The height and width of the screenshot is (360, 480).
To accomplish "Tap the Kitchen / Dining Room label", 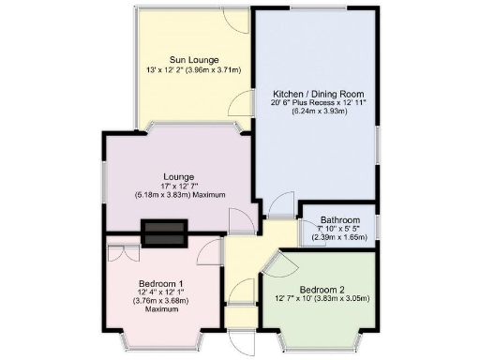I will [319, 95].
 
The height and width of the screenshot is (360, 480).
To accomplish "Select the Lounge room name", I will [178, 176].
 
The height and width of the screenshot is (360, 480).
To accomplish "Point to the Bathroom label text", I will [339, 220].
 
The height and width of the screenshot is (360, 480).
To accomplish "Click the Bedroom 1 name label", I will [161, 283].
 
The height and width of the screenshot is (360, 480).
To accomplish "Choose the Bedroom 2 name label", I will [321, 289].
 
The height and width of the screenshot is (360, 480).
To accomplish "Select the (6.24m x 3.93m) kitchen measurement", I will [319, 112].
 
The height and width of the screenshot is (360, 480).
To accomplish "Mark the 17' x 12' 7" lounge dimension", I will [178, 186].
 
